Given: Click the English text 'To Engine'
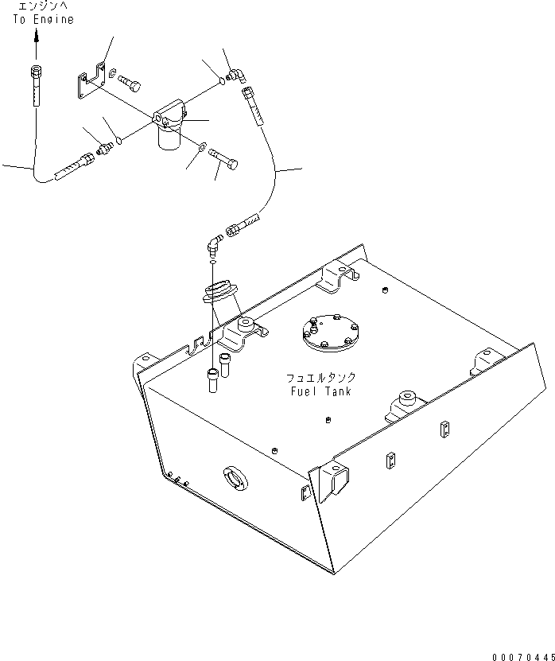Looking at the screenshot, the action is point(43,20).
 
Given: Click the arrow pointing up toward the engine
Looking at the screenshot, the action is point(36,42).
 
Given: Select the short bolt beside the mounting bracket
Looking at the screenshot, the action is point(131,82).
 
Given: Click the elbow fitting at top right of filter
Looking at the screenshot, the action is point(235,76).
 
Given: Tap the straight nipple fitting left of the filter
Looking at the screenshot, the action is point(103,148).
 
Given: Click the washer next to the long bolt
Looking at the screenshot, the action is point(203,146).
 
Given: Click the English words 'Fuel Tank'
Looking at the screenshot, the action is point(321,391).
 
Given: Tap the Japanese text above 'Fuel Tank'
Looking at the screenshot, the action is point(321,379).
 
